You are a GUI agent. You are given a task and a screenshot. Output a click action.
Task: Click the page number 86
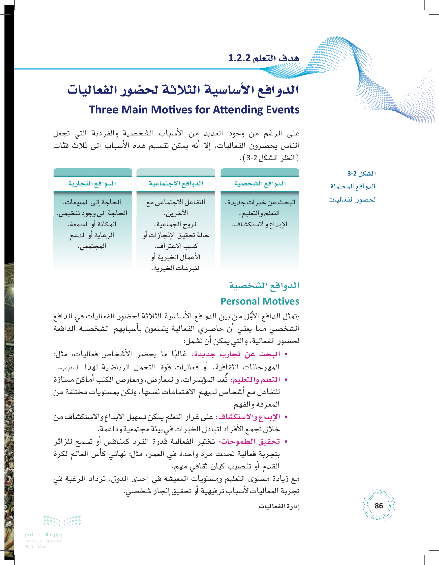pos(379,506)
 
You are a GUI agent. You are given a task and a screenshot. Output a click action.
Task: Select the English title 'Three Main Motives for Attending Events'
pos(194,110)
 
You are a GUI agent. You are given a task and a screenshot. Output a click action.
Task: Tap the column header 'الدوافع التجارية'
pos(92,183)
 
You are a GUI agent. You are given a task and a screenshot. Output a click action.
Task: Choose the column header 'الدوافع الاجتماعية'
pos(176,183)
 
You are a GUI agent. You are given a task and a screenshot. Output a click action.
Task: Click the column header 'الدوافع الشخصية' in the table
pos(260,183)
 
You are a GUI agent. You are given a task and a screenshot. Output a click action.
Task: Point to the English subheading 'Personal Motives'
pos(260,301)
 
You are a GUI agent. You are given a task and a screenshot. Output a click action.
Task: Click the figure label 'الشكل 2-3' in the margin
pos(362,173)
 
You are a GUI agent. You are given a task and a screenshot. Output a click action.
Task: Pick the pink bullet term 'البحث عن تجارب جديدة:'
pos(236,354)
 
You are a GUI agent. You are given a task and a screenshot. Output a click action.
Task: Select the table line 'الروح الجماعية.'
pos(176,224)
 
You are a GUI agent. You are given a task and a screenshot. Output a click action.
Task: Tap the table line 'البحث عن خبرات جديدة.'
pos(260,202)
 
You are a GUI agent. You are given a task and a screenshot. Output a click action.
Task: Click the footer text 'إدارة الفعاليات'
pos(279,506)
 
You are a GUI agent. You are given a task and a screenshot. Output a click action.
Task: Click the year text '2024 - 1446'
pos(35,547)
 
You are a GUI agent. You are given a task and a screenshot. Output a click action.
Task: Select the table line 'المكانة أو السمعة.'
pos(92,224)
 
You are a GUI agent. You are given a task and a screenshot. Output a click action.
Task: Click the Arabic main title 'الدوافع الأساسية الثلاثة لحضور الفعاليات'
pos(183,90)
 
